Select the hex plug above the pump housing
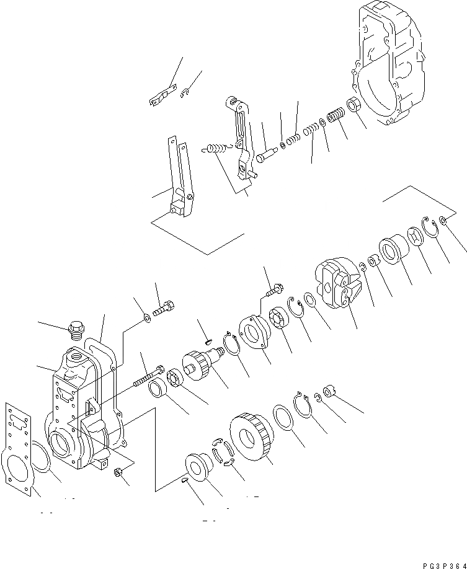coord(77,328)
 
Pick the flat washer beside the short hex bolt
coord(146,318)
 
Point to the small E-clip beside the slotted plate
coord(185,93)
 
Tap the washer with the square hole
coord(416,237)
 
